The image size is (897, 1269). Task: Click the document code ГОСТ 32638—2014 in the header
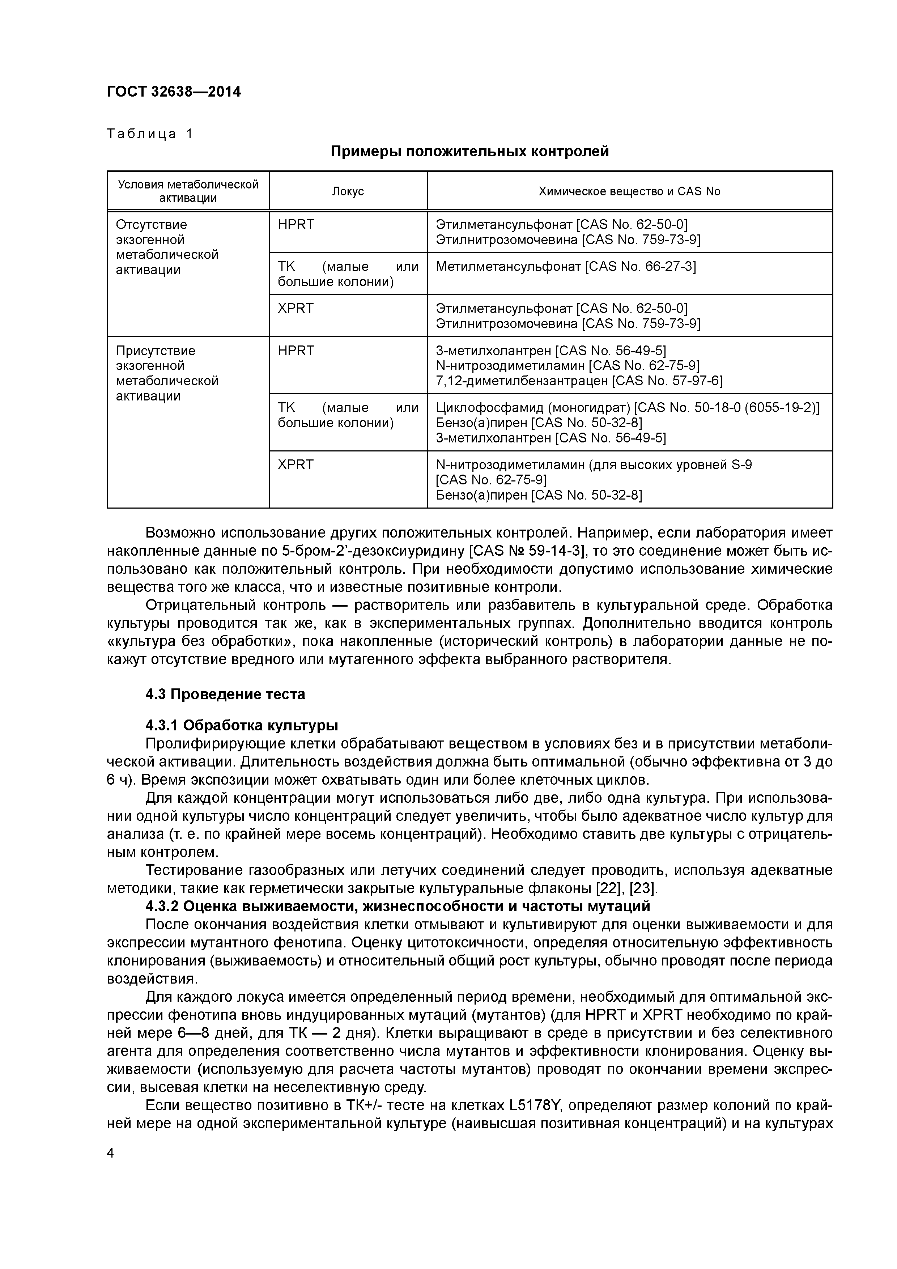pos(174,92)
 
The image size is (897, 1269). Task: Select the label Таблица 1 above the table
pos(150,134)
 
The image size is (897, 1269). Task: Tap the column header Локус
pos(348,191)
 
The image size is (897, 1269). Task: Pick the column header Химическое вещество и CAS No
pos(629,191)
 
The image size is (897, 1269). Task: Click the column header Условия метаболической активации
pos(188,191)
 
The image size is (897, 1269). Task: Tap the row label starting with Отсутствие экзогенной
pos(167,247)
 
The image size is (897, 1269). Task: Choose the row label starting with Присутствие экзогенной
pos(167,373)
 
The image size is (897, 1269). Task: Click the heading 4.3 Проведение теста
pos(225,694)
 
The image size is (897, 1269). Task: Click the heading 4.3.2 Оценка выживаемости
pos(398,907)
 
